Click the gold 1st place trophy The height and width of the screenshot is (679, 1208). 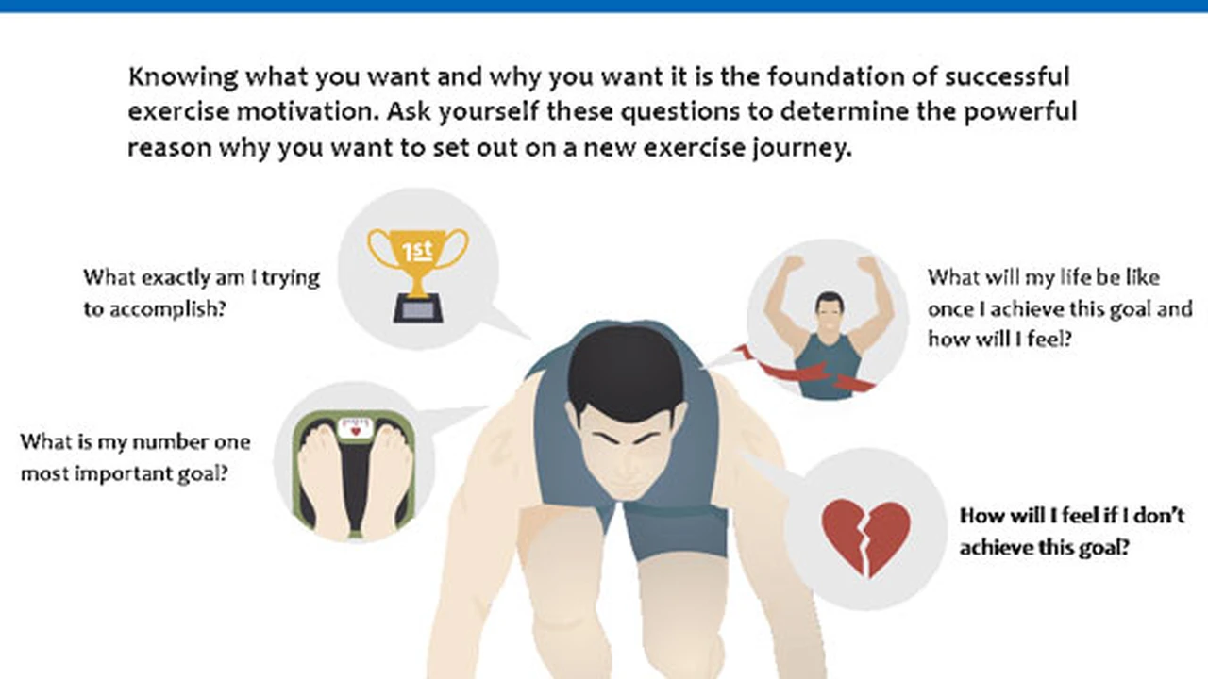click(x=418, y=274)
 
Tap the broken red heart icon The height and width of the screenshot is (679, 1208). click(x=866, y=538)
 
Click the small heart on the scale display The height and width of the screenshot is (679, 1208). click(x=356, y=431)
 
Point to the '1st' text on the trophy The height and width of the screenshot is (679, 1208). click(x=417, y=250)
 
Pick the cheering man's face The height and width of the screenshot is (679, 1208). click(x=830, y=311)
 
